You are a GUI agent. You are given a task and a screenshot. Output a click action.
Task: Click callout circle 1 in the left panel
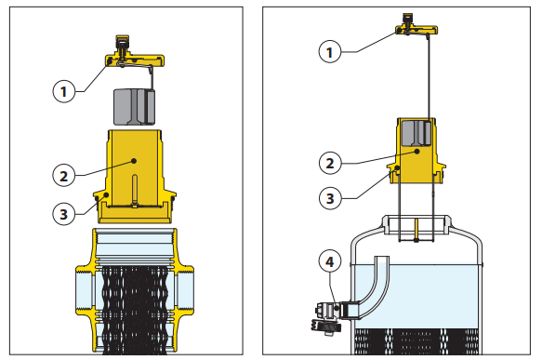[x=64, y=92]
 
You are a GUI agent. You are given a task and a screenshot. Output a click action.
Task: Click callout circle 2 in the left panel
[x=64, y=176]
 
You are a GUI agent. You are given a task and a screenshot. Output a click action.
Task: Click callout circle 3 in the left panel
[x=64, y=214]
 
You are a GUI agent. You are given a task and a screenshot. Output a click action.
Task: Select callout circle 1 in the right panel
[x=330, y=52]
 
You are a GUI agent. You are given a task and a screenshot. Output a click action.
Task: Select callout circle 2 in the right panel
[x=330, y=163]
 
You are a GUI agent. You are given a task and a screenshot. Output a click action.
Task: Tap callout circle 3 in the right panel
[x=330, y=198]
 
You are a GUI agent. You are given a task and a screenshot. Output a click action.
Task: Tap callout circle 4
[x=330, y=261]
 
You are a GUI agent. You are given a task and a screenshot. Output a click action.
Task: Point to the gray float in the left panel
[x=134, y=107]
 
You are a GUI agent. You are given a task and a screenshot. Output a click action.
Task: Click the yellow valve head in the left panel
[x=134, y=55]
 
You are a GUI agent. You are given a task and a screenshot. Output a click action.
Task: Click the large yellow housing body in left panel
[x=135, y=177]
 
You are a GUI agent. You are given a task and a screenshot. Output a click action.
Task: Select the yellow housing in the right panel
[x=416, y=151]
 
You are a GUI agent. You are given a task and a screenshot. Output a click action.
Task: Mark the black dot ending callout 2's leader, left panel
[x=134, y=161]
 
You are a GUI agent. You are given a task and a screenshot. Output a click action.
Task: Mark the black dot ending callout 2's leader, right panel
[x=417, y=151]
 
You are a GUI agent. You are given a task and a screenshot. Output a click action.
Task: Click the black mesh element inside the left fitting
[x=135, y=310]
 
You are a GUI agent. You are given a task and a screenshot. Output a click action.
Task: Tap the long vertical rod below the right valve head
[x=429, y=76]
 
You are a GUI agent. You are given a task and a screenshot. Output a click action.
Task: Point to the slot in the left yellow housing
[x=135, y=189]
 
